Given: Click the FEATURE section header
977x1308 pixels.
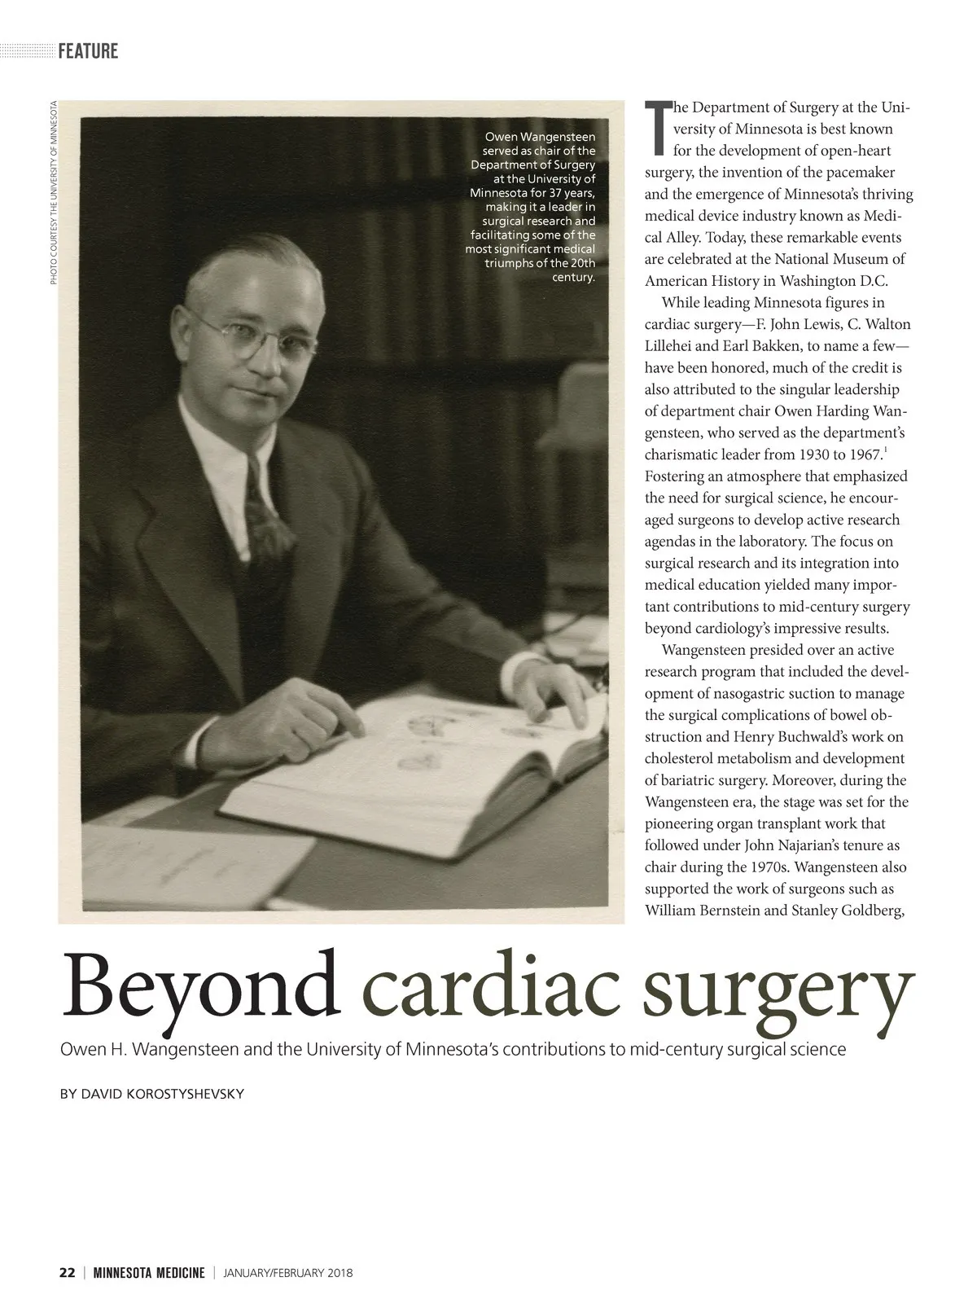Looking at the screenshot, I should click(x=88, y=51).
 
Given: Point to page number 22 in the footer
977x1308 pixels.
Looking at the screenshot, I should click(x=68, y=1273).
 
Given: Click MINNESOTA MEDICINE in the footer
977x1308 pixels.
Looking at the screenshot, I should click(x=148, y=1273).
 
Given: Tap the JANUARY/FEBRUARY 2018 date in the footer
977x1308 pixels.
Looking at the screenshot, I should click(x=288, y=1273).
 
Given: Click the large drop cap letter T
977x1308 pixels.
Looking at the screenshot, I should click(x=656, y=127).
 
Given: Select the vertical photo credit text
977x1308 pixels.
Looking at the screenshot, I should click(x=53, y=192).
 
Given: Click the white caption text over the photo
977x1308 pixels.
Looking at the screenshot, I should click(x=533, y=207).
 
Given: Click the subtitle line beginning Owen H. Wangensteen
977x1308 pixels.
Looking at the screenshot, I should click(x=453, y=1049).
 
